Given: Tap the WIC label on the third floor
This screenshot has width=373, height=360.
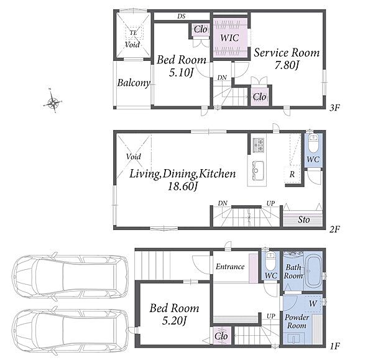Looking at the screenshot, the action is coord(229,38).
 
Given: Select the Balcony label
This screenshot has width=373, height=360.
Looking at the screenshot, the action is coord(134,83).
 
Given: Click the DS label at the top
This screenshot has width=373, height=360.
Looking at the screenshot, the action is coord(182,16).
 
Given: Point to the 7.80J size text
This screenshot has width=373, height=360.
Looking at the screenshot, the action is coord(287,65).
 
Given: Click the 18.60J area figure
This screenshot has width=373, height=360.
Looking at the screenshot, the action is coord(183,186).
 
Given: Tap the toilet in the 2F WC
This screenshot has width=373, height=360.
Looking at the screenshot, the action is coord(313,143).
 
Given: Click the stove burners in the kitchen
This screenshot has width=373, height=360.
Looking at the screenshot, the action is coord(259,145).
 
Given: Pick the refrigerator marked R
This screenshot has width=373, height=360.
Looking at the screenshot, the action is coord(292,175).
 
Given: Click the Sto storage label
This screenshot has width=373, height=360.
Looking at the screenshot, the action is coord(304,219).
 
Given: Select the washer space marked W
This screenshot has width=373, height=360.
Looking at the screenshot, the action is coord(313,303).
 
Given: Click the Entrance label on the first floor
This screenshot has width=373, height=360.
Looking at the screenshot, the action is coord(230,267).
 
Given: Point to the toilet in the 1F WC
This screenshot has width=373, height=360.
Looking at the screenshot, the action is coord(270,261).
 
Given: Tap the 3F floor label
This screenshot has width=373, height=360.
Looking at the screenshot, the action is coord(334,108).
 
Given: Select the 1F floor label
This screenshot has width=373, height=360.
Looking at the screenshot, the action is coord(334,346).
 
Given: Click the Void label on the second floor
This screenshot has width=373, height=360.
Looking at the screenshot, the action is coord(134,157).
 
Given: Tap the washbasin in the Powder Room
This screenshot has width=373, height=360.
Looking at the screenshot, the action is coord(295,338).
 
